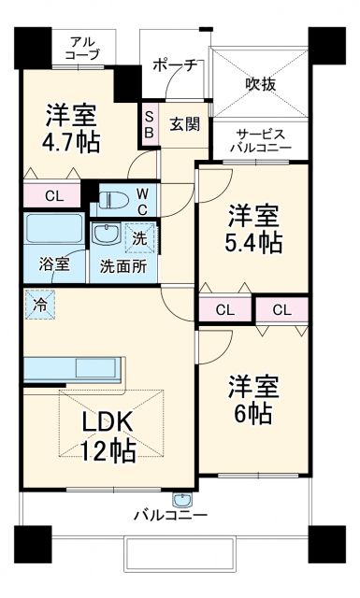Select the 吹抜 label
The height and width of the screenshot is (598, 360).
coord(260,82)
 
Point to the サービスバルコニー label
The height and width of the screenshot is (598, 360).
coord(263,140)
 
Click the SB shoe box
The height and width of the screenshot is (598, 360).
coord(149,123)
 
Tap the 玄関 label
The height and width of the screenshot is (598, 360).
coord(183,122)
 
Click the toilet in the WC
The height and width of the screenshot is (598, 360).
coord(115,199)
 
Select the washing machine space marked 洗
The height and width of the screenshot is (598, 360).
coord(138,237)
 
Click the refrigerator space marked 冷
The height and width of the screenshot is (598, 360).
coord(39,304)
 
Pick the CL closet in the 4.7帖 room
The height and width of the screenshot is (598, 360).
coord(53,195)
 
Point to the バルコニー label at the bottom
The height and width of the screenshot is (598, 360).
coord(170,515)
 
